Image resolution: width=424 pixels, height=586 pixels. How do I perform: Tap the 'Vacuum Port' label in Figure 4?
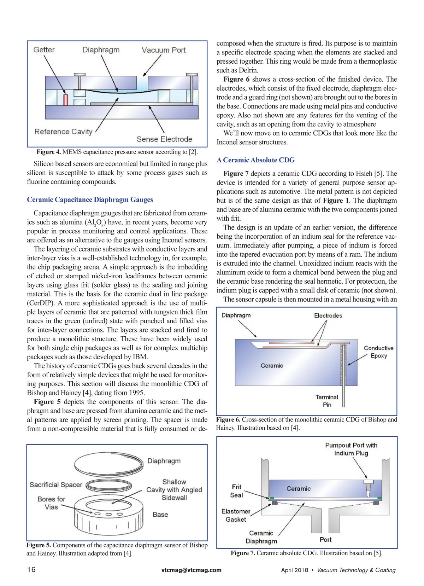pyautogui.click(x=164, y=50)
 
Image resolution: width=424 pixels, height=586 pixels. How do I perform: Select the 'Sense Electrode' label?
pyautogui.click(x=164, y=139)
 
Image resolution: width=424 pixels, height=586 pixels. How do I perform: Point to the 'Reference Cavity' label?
pyautogui.click(x=63, y=132)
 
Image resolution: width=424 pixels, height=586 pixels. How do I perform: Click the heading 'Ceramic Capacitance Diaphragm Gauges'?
pyautogui.click(x=90, y=199)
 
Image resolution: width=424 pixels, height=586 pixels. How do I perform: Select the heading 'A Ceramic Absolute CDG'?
pyautogui.click(x=255, y=160)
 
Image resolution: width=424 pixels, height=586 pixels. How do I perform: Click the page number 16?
pyautogui.click(x=31, y=569)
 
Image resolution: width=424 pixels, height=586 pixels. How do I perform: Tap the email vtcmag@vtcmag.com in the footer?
pyautogui.click(x=191, y=570)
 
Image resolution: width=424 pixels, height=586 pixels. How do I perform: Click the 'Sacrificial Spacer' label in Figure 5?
pyautogui.click(x=56, y=485)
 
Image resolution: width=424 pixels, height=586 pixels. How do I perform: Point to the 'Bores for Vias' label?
pyautogui.click(x=51, y=503)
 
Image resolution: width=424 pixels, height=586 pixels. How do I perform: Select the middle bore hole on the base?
pyautogui.click(x=109, y=514)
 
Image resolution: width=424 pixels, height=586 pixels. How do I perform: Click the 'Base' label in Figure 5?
pyautogui.click(x=160, y=515)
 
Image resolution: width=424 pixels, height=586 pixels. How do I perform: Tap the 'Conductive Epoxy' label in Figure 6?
pyautogui.click(x=378, y=352)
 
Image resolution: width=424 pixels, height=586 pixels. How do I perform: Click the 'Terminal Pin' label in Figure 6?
pyautogui.click(x=327, y=401)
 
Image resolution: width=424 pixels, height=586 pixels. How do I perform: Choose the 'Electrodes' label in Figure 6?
pyautogui.click(x=328, y=315)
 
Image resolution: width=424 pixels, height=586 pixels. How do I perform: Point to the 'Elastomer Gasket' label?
pyautogui.click(x=236, y=515)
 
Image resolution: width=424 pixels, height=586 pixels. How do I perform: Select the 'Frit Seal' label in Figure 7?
pyautogui.click(x=236, y=491)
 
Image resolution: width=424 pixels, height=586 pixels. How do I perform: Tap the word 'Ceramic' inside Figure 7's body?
pyautogui.click(x=299, y=489)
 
